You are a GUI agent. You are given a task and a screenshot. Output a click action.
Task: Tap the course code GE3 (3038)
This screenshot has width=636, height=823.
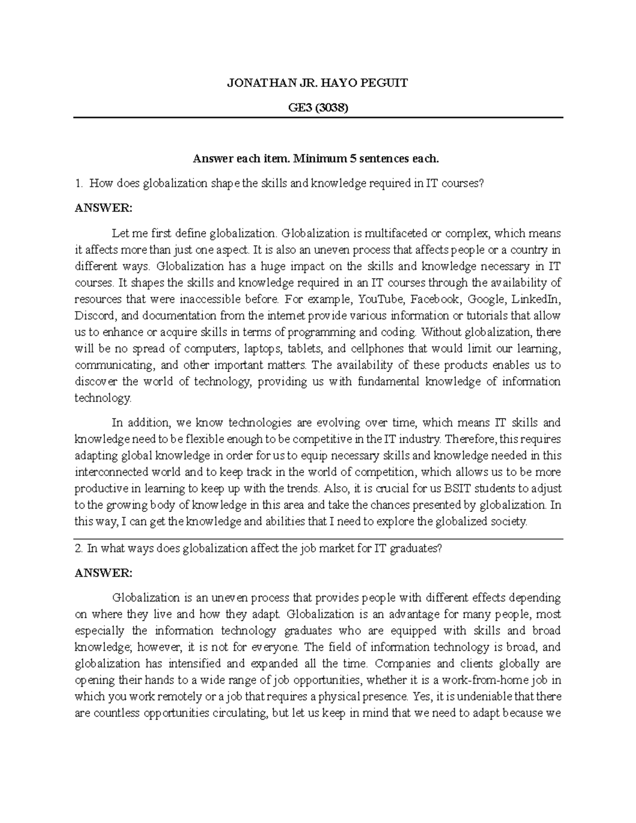tap(318, 108)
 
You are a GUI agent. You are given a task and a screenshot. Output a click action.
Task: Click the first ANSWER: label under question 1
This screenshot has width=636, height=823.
tap(103, 208)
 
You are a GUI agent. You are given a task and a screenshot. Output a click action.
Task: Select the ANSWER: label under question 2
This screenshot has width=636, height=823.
tap(103, 573)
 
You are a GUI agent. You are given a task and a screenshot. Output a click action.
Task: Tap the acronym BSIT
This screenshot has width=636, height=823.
tap(453, 488)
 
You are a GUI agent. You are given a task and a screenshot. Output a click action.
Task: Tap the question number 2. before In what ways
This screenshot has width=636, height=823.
tap(79, 549)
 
